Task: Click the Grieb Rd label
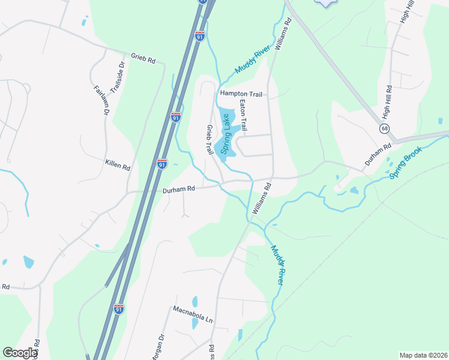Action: [143, 61]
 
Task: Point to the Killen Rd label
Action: [118, 166]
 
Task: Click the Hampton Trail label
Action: [241, 94]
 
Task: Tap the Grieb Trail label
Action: [210, 140]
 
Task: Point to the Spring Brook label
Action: [405, 163]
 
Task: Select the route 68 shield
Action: [384, 128]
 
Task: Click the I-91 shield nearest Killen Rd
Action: [162, 163]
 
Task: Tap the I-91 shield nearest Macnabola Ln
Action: [119, 309]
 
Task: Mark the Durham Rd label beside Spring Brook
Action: [379, 154]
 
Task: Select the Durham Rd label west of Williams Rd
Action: [179, 189]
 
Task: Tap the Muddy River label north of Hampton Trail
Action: [250, 62]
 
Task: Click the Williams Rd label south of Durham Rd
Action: [262, 199]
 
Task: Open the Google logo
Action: [19, 353]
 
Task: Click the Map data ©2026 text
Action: [423, 355]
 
